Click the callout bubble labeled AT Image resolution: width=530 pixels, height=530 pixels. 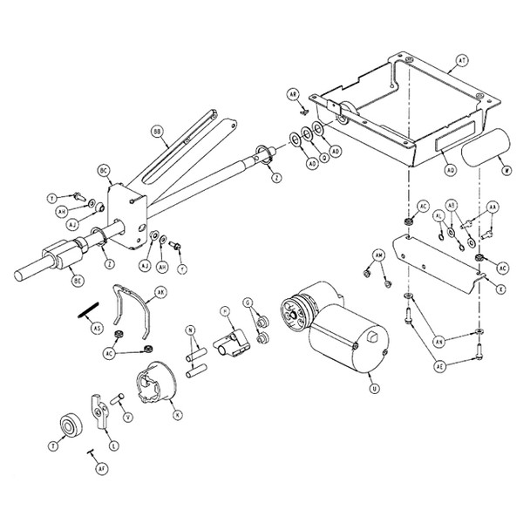click(x=462, y=62)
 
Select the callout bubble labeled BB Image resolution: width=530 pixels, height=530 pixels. click(x=158, y=132)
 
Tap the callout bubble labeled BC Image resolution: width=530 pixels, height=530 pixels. click(x=103, y=169)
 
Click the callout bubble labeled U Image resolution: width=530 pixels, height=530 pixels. click(x=374, y=388)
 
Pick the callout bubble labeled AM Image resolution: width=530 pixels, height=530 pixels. click(x=378, y=254)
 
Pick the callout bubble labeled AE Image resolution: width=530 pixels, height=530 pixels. click(x=440, y=367)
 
